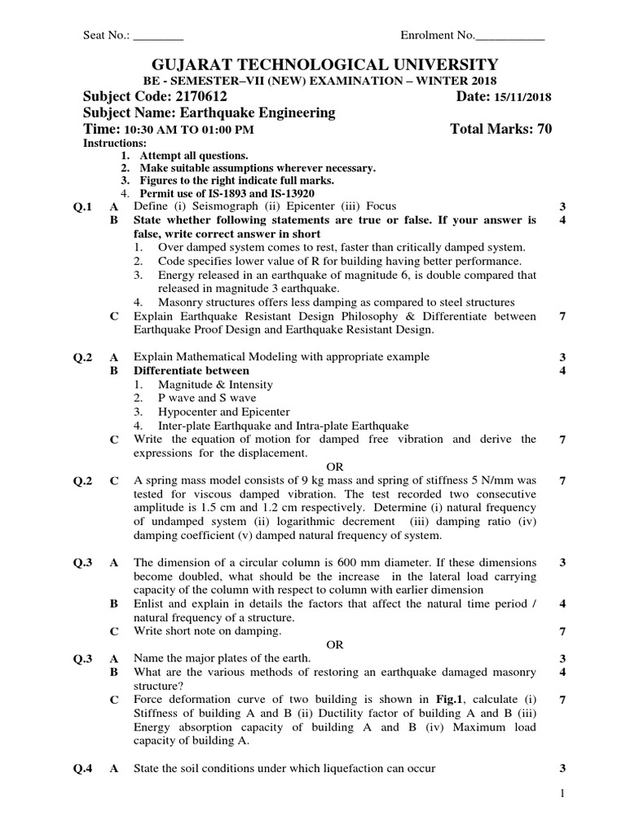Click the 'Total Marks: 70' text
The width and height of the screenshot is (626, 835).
click(x=500, y=129)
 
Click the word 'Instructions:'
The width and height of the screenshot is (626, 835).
click(x=115, y=143)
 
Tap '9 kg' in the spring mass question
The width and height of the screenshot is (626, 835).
click(x=311, y=481)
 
